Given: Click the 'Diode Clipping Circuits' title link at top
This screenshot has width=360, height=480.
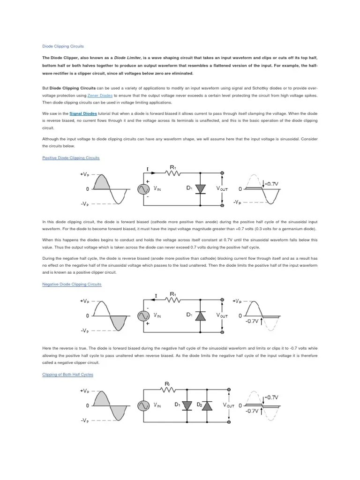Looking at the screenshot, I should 63,46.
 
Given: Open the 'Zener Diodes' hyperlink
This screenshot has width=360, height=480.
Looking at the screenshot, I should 100,95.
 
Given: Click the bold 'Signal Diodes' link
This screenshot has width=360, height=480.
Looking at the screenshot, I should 83,113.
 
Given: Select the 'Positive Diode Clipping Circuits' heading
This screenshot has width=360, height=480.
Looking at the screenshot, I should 71,158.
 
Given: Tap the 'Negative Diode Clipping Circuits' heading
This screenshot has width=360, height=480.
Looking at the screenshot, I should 72,284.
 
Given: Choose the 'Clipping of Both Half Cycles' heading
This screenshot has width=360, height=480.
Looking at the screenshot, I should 67,375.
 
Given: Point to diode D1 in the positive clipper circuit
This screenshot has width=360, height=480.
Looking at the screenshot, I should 201,188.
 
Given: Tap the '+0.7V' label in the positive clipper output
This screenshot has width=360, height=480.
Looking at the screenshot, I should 271,184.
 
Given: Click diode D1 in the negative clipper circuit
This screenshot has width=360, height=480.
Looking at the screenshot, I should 201,316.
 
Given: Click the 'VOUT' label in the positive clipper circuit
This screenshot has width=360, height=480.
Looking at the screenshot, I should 222,188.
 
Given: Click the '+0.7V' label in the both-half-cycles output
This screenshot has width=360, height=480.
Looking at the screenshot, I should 271,397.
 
